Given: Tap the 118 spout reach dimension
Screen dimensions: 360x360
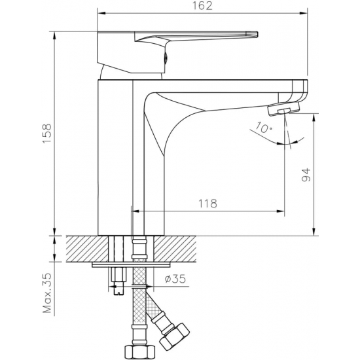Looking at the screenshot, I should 207,204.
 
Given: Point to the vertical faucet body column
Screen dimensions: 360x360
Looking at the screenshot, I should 115,157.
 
